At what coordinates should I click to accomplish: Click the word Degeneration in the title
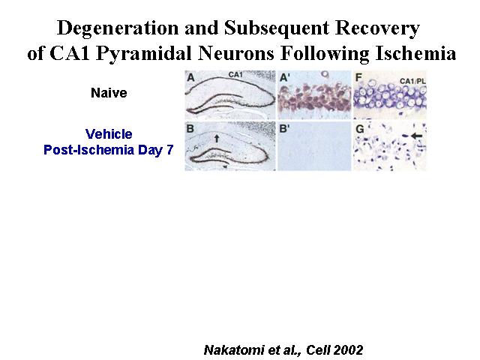pyautogui.click(x=118, y=29)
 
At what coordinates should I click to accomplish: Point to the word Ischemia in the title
pyautogui.click(x=415, y=53)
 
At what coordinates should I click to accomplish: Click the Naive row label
pyautogui.click(x=109, y=93)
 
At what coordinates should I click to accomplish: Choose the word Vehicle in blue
pyautogui.click(x=109, y=133)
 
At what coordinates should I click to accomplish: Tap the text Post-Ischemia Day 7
pyautogui.click(x=108, y=150)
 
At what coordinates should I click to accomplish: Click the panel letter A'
pyautogui.click(x=285, y=78)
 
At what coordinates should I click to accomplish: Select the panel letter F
pyautogui.click(x=358, y=77)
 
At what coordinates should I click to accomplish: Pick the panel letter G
pyautogui.click(x=359, y=129)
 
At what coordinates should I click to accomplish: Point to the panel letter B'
pyautogui.click(x=284, y=128)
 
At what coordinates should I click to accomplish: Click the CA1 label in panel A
pyautogui.click(x=235, y=74)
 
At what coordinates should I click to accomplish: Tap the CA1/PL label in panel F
pyautogui.click(x=412, y=81)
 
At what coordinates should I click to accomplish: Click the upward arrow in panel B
pyautogui.click(x=217, y=138)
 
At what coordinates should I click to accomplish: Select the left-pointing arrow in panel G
pyautogui.click(x=417, y=135)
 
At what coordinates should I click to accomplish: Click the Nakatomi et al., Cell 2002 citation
pyautogui.click(x=283, y=349)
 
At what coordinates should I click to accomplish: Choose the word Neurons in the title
pyautogui.click(x=236, y=53)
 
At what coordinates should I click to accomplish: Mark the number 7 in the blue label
pyautogui.click(x=170, y=150)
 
